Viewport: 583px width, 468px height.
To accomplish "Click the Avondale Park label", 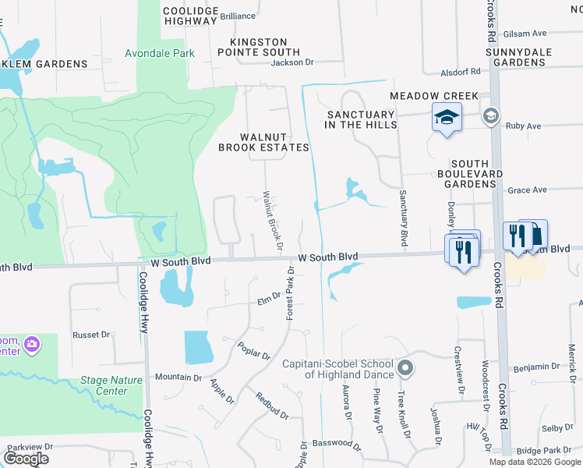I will [160, 54].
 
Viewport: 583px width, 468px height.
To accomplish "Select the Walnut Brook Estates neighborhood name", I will [263, 142].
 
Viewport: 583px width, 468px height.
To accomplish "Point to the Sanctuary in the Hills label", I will [362, 119].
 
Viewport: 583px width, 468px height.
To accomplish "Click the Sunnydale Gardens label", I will [530, 56].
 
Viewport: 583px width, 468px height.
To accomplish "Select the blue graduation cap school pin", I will [447, 119].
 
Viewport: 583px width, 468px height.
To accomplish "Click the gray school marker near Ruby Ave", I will [490, 116].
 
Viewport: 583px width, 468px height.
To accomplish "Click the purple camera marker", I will [32, 343].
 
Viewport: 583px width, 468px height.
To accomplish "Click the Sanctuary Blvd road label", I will [404, 218].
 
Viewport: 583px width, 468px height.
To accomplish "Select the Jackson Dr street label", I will [291, 62].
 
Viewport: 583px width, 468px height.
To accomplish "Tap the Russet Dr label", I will [92, 335].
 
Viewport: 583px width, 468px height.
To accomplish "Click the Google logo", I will [26, 459].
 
